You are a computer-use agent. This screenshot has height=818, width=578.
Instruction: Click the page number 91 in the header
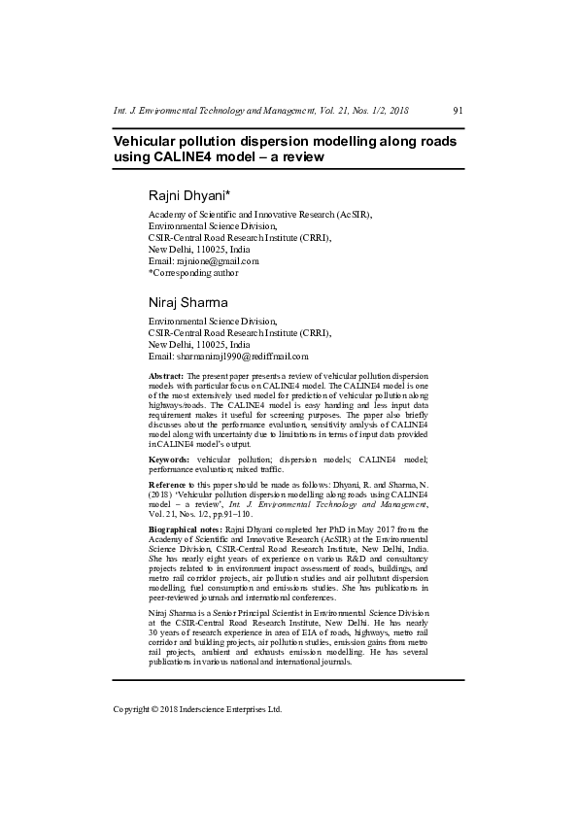pos(459,112)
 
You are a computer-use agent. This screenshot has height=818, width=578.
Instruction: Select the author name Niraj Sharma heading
pos(187,302)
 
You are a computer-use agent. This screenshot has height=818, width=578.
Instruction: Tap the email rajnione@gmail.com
pos(218,260)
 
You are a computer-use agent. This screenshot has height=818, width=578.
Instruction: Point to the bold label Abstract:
pos(166,375)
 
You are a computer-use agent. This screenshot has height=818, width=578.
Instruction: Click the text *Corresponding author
pos(193,273)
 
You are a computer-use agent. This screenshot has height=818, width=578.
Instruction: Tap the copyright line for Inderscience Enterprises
pos(197,709)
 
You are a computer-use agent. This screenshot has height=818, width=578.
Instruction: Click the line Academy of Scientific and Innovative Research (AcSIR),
pos(259,214)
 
